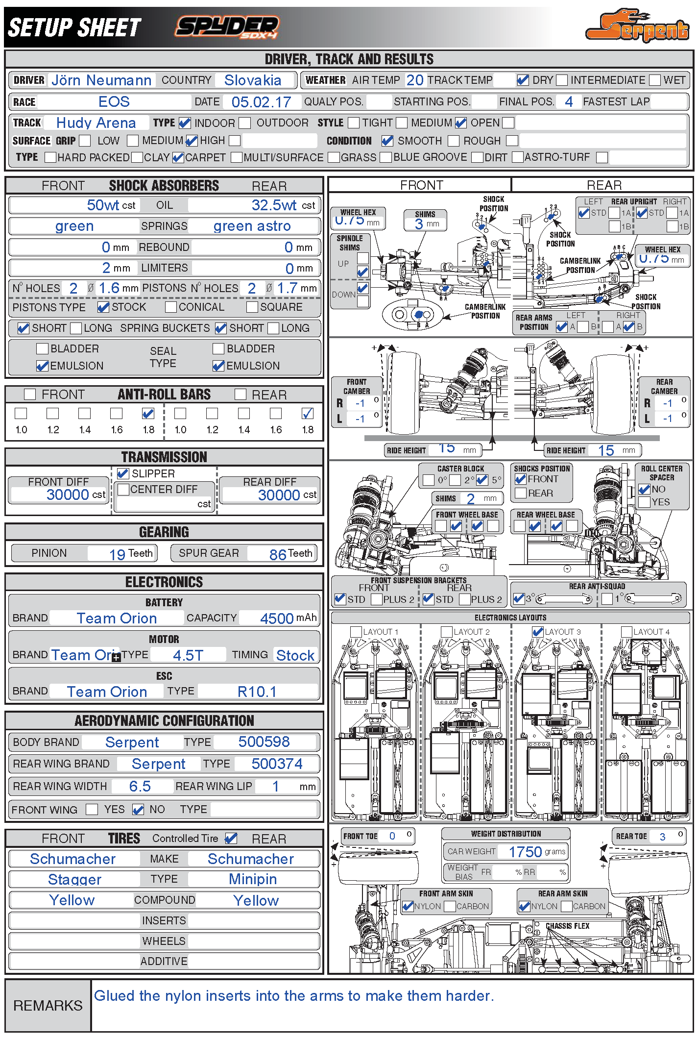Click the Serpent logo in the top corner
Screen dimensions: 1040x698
[638, 26]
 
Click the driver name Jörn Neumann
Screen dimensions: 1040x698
[101, 80]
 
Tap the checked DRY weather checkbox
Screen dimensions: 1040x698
[523, 80]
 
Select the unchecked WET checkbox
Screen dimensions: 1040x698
[655, 80]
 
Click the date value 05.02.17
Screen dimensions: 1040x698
[261, 102]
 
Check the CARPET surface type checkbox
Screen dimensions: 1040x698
[178, 157]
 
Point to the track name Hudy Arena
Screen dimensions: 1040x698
[96, 123]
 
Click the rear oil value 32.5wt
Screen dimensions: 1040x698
[274, 205]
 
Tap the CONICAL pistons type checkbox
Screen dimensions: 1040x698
[171, 307]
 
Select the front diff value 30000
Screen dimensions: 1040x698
[68, 495]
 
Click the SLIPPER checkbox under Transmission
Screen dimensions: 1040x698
[123, 473]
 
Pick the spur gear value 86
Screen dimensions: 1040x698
[278, 554]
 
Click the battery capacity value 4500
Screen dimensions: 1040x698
[277, 618]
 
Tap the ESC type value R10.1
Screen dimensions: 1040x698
[257, 692]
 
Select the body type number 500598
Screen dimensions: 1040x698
[264, 742]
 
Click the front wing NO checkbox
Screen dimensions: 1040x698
[138, 810]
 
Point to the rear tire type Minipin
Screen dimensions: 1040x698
[253, 879]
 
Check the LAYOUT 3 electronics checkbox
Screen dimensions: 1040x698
[538, 632]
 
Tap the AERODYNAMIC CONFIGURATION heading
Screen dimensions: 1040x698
[164, 720]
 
